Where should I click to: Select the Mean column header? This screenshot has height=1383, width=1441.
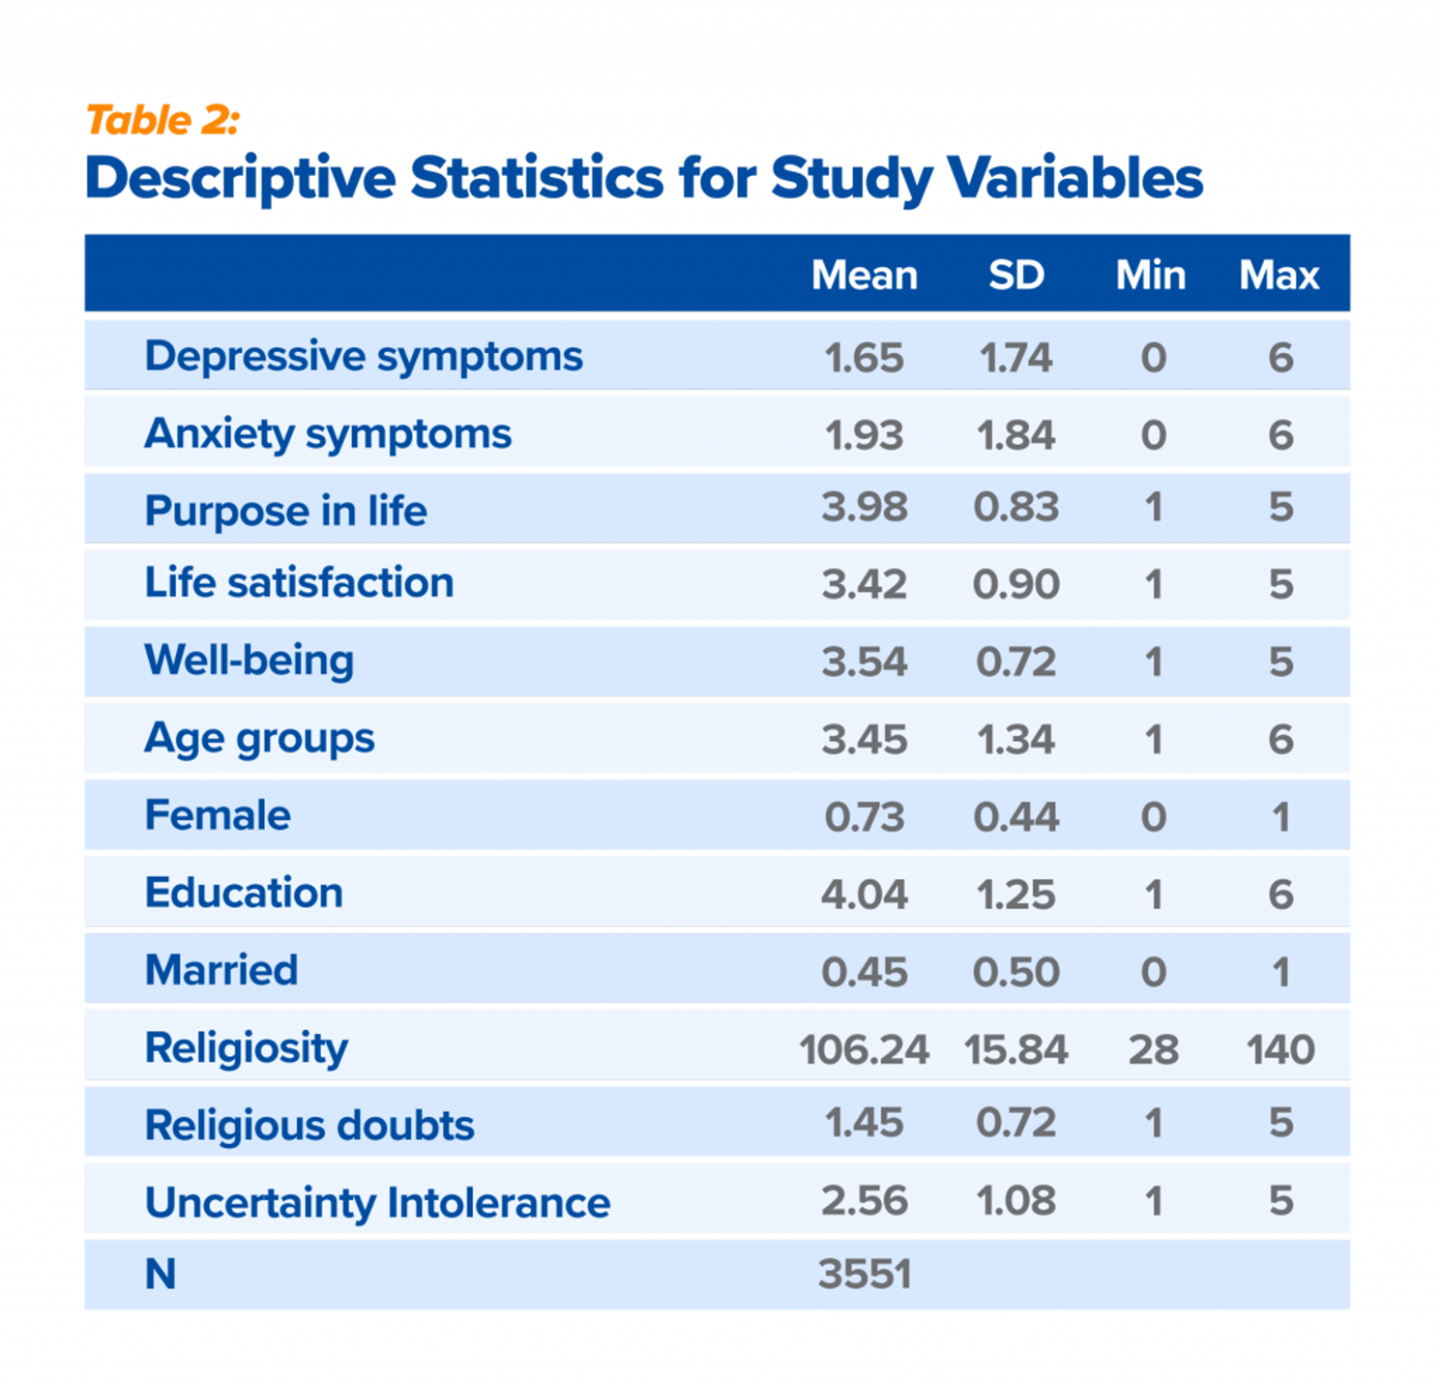tap(865, 276)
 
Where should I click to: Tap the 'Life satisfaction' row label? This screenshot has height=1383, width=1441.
tap(299, 583)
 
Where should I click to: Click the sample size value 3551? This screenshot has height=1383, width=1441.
tap(865, 1274)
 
